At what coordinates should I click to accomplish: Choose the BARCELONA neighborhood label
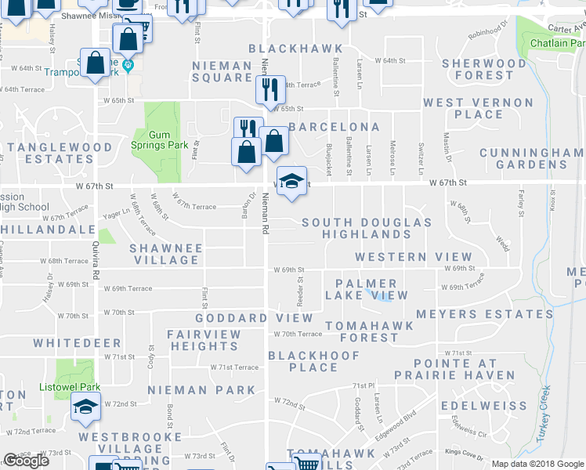pyautogui.click(x=334, y=127)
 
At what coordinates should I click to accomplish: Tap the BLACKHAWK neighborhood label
pyautogui.click(x=284, y=49)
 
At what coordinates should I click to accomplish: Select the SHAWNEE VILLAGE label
pyautogui.click(x=165, y=254)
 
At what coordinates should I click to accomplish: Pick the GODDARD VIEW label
pyautogui.click(x=254, y=319)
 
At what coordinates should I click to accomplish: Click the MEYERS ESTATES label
pyautogui.click(x=484, y=314)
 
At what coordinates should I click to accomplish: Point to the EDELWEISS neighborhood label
pyautogui.click(x=483, y=406)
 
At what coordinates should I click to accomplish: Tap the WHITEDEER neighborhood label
pyautogui.click(x=77, y=343)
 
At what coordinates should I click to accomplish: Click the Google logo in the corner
pyautogui.click(x=26, y=461)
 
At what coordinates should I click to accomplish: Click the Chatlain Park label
pyautogui.click(x=557, y=43)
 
